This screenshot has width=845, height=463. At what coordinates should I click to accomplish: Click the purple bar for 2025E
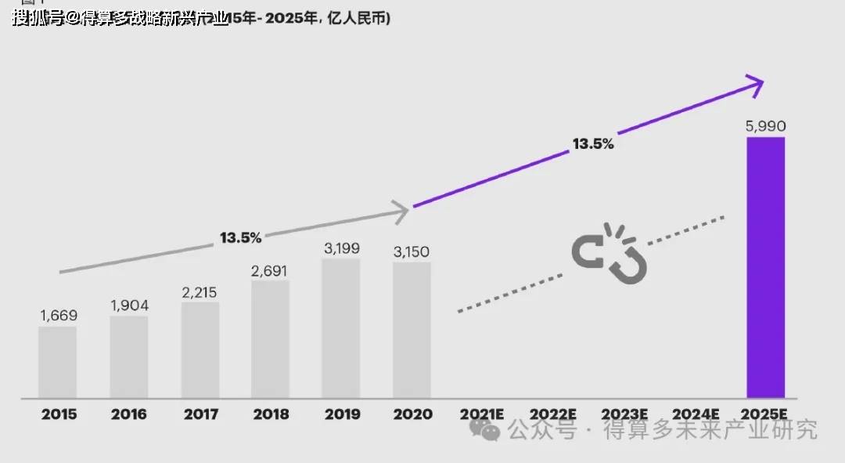pos(765,267)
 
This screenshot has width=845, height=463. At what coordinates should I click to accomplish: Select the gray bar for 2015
pos(58,362)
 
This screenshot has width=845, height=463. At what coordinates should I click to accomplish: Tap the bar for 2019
pos(341,328)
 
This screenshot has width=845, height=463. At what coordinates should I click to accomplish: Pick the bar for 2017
pos(200,350)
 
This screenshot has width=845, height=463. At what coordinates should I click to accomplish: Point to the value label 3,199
pos(342,248)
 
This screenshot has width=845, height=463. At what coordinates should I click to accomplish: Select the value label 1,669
pos(59,316)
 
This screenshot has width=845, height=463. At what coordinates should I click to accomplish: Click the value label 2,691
pos(270,271)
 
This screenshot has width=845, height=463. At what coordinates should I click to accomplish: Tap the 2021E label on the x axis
pos(482,414)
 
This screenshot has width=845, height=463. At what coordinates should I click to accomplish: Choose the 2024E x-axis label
pos(695,414)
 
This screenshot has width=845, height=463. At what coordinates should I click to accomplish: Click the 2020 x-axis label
pos(412,414)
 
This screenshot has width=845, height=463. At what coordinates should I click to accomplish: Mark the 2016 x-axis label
pos(129,414)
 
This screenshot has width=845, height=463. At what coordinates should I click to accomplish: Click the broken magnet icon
pos(610,252)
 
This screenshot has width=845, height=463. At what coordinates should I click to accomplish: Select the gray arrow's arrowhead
pos(401,210)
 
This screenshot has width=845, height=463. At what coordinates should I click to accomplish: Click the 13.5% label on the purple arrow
pos(592,144)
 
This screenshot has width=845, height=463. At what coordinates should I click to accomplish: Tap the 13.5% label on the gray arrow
pos(240,237)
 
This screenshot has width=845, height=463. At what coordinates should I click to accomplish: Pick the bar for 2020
pos(412,330)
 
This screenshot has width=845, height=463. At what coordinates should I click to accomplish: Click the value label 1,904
pos(129,306)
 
